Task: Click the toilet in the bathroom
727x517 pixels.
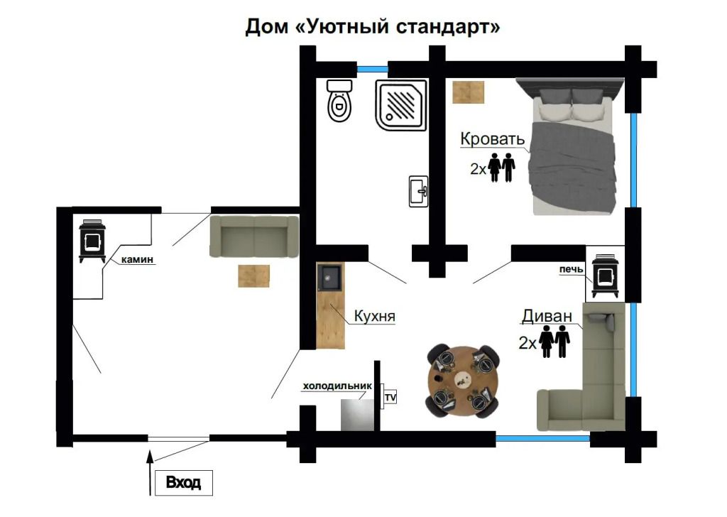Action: point(339,101)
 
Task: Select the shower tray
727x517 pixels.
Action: point(401,105)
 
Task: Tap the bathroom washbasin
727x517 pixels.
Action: point(418,191)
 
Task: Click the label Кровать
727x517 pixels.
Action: point(493,138)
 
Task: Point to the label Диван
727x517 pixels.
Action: point(547,316)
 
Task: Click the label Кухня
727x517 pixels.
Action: point(375,316)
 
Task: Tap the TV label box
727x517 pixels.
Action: point(390,398)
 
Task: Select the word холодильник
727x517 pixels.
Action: point(337,386)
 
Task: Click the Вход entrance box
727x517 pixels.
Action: point(184,483)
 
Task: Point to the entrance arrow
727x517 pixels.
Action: point(150,472)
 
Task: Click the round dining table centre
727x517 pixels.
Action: point(463,380)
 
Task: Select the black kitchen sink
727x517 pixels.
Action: point(329,278)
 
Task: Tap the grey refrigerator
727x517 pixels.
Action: point(358,415)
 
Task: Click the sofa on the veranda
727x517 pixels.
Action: point(254,236)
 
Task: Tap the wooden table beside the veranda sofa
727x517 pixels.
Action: point(253,276)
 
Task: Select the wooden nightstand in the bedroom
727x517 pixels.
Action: point(469,92)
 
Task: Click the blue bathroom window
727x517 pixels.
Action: point(372,70)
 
